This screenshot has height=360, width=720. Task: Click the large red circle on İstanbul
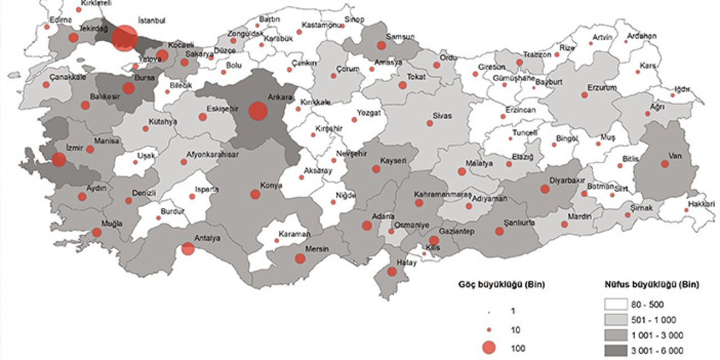coord(124,39)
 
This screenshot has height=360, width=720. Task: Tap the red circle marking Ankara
coord(258,111)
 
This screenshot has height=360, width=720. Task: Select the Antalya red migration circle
coord(188,248)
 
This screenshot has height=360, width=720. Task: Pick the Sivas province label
coord(442,115)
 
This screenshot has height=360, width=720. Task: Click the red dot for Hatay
coord(393,272)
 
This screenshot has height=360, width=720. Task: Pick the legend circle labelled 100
coord(489,348)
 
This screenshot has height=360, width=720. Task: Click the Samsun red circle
coord(381,46)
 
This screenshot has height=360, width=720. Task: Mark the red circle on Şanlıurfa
coord(499,231)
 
